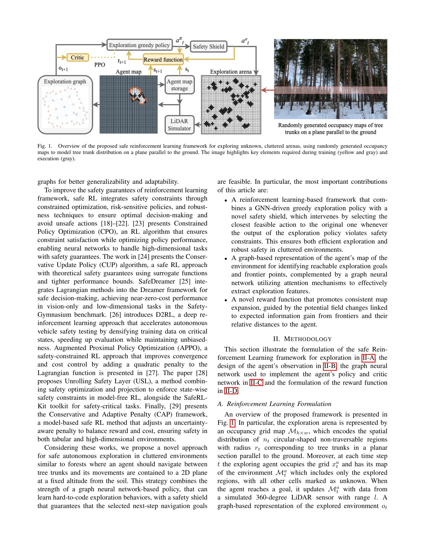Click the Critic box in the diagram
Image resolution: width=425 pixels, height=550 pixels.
[77, 57]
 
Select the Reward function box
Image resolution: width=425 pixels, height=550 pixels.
[163, 60]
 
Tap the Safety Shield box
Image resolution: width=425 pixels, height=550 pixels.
[208, 46]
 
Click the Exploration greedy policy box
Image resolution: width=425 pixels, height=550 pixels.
[139, 45]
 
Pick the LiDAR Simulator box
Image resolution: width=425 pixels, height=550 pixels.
[179, 125]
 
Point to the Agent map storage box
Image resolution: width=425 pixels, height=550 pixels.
[179, 85]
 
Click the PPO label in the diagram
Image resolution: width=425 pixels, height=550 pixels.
[99, 65]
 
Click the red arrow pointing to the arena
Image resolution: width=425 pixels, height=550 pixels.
[268, 90]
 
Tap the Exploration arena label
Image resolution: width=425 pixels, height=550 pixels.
[231, 72]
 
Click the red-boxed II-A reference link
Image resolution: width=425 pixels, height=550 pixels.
[368, 357]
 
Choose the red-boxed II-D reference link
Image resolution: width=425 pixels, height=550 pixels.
[231, 391]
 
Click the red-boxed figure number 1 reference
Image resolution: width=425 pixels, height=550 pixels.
[232, 422]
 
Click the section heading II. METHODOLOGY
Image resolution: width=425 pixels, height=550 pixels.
[302, 339]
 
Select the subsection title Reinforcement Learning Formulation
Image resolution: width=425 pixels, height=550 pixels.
[279, 404]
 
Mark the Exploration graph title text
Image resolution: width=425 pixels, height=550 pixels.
[65, 81]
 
